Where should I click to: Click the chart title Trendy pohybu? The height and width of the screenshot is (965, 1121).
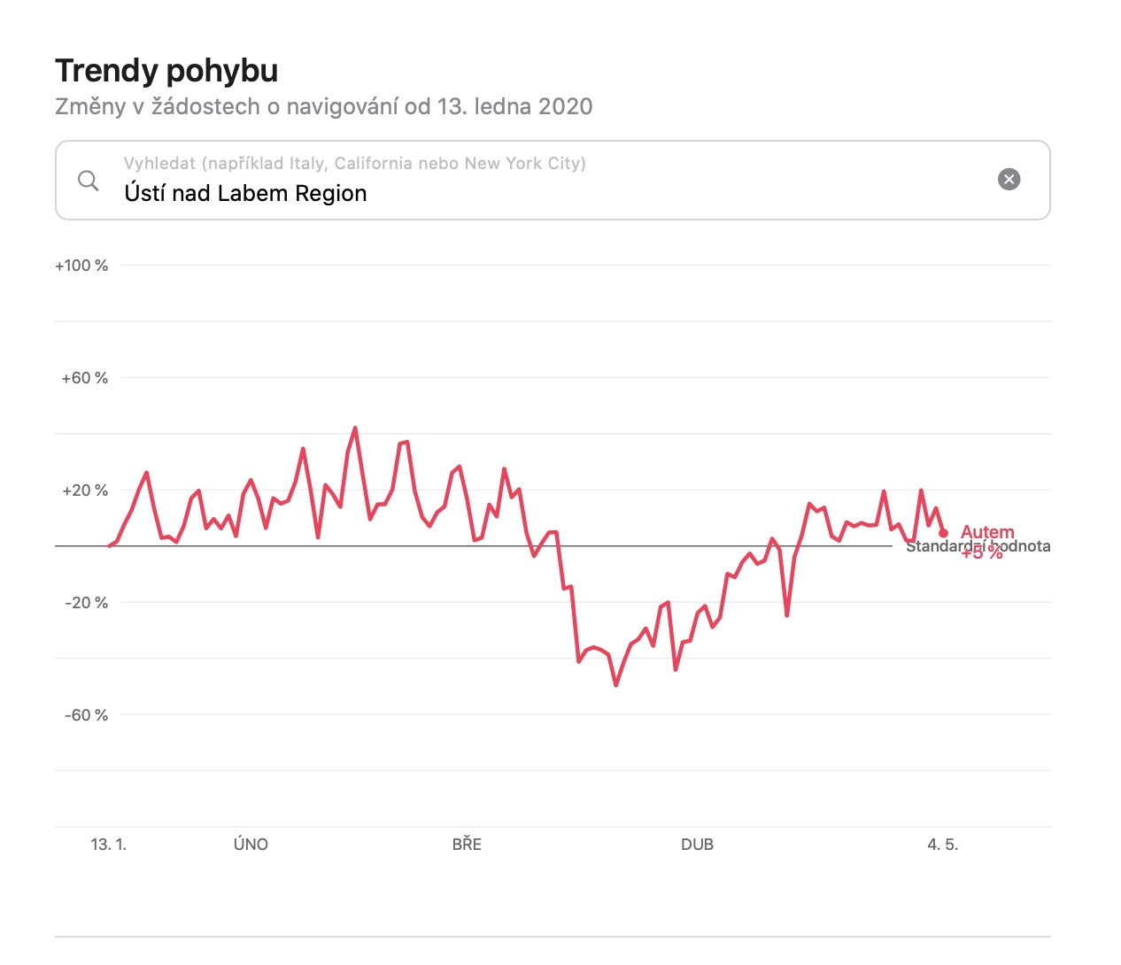click(166, 71)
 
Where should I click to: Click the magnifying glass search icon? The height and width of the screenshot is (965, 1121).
click(89, 181)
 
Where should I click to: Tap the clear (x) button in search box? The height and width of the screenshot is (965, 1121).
click(1009, 180)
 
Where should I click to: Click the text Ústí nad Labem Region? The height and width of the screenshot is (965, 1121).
click(245, 193)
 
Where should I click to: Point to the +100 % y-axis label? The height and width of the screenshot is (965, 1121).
click(81, 266)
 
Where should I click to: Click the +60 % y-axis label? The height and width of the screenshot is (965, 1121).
click(84, 378)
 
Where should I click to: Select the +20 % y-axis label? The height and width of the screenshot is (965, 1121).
click(84, 490)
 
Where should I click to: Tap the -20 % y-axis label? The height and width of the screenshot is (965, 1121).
click(86, 603)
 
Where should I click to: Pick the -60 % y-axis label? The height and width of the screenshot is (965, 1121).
click(86, 715)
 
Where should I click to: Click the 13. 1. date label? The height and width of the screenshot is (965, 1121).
click(108, 845)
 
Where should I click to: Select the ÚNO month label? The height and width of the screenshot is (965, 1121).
click(251, 845)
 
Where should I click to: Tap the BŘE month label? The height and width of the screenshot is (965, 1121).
click(467, 845)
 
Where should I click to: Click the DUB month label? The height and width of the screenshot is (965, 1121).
click(697, 845)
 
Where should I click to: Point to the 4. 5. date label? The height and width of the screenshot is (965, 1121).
click(942, 845)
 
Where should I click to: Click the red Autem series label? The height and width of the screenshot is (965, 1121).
click(987, 532)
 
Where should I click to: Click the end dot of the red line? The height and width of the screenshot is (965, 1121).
click(943, 533)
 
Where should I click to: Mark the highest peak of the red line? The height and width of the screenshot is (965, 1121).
click(355, 428)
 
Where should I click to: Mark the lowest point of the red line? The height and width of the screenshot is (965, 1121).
click(616, 685)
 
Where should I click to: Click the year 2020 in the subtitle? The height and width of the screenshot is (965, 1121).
click(565, 107)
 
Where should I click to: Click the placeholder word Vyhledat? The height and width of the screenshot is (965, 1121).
click(159, 163)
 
